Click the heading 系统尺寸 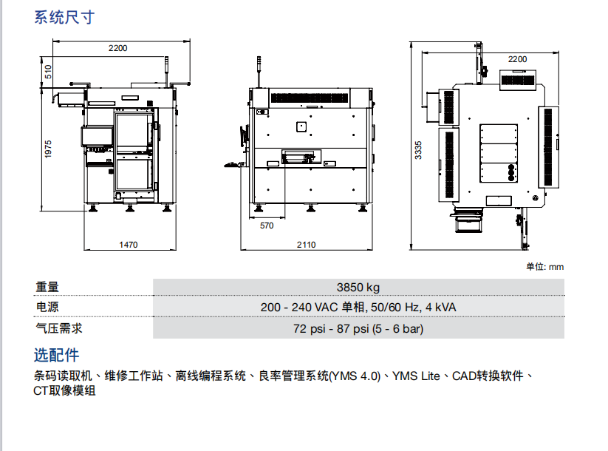click(x=64, y=18)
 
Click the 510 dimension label click(x=49, y=72)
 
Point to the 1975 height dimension click(x=49, y=149)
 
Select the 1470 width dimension click(x=129, y=245)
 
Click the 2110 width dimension click(x=306, y=245)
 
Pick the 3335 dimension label click(x=419, y=150)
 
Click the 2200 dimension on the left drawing click(x=117, y=48)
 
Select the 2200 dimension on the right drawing click(x=517, y=58)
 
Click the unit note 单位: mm click(x=544, y=267)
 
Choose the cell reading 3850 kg click(x=358, y=288)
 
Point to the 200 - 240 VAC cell click(x=358, y=308)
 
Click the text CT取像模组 click(x=65, y=391)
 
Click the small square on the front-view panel click(x=301, y=127)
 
